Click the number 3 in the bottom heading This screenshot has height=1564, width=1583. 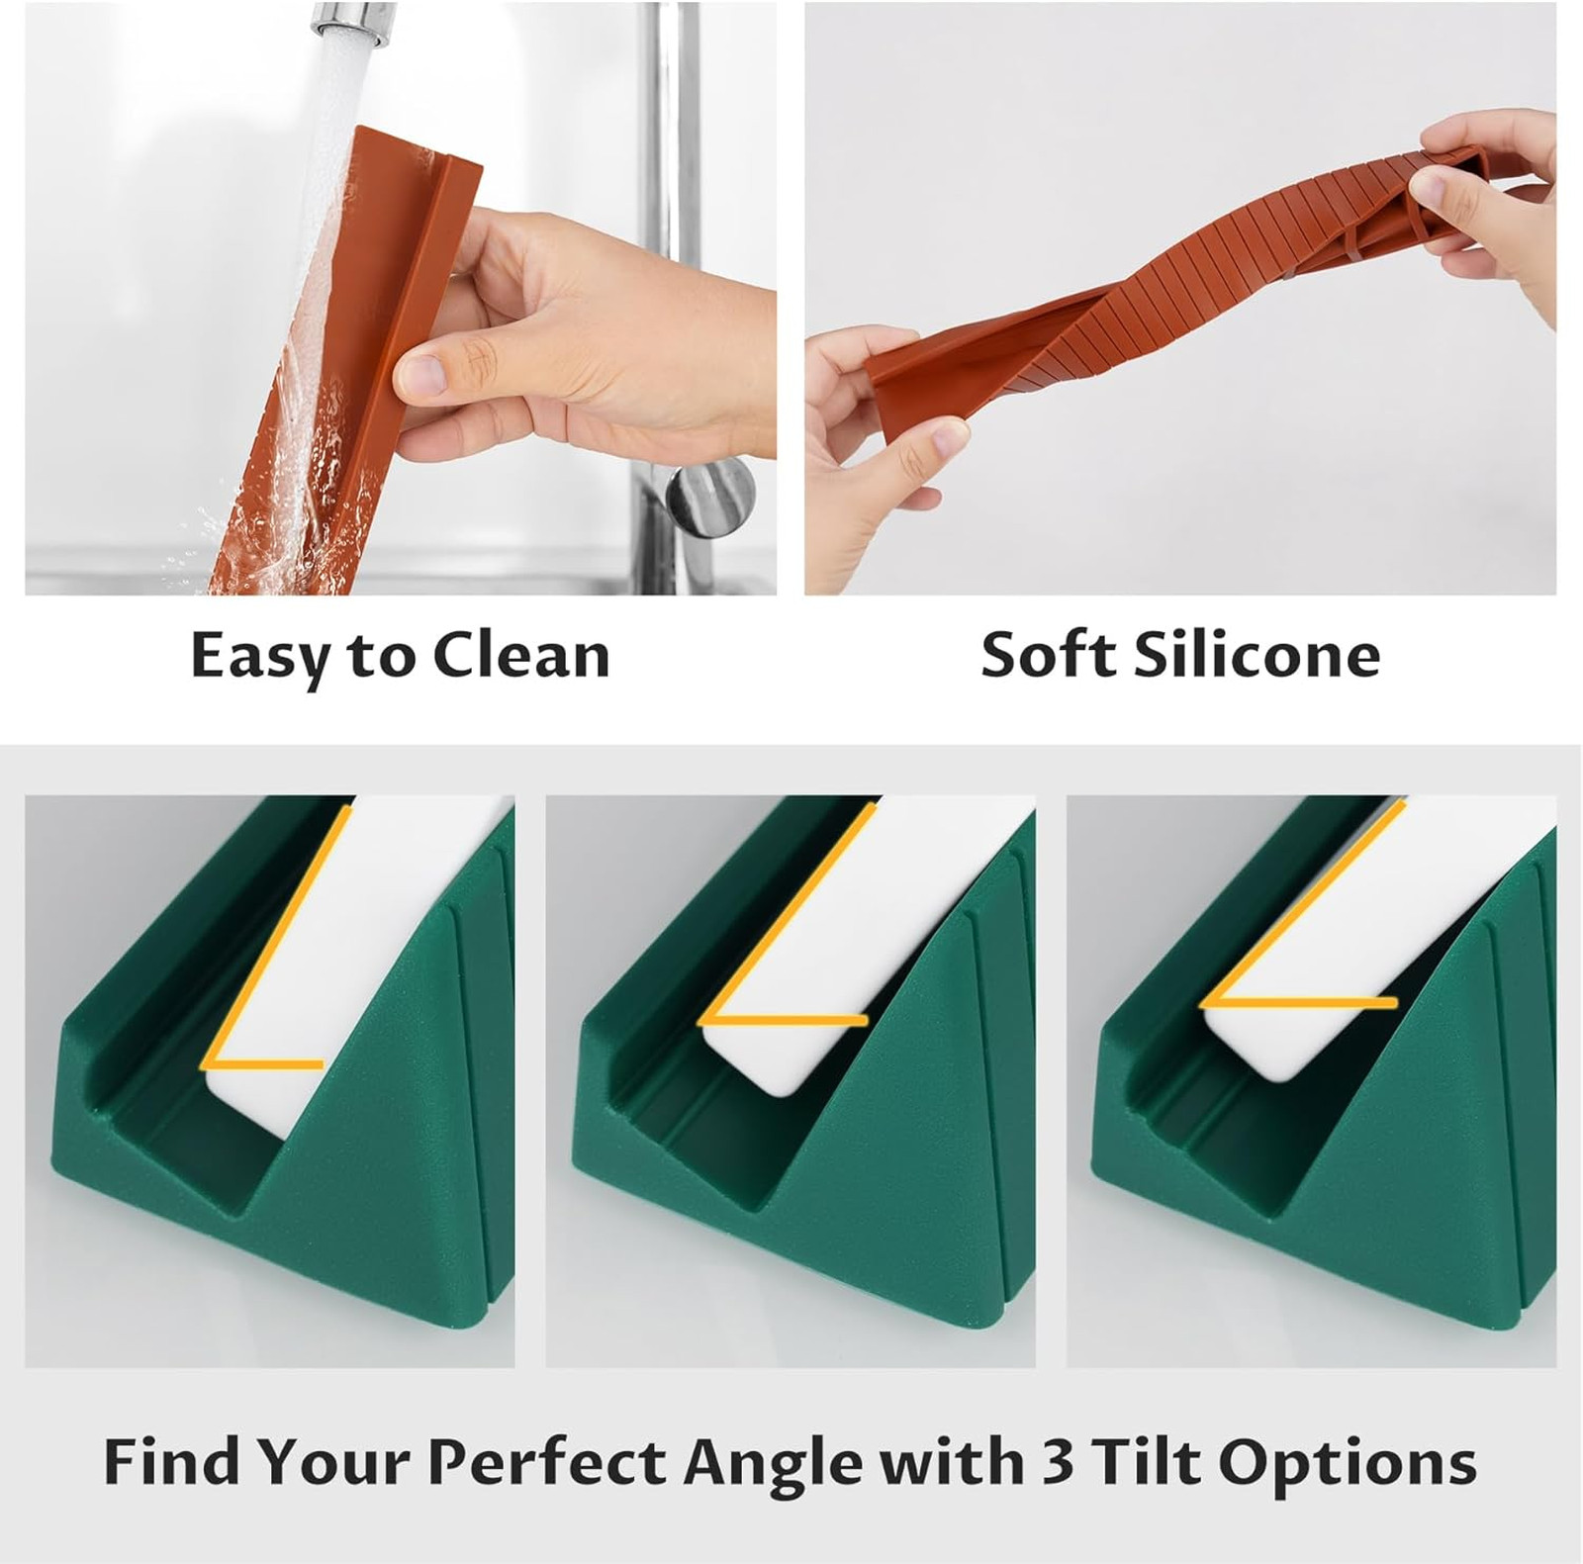[x=1058, y=1461]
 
